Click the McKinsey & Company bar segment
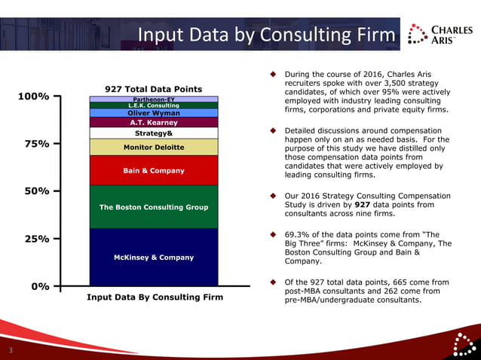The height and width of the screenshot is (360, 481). pyautogui.click(x=154, y=258)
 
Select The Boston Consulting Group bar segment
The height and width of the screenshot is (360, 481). pyautogui.click(x=154, y=207)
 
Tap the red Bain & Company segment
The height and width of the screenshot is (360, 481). pyautogui.click(x=154, y=170)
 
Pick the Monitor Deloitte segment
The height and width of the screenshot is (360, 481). pyautogui.click(x=154, y=147)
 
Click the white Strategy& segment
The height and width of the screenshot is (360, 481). pyautogui.click(x=154, y=133)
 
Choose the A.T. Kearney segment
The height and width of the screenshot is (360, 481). pyautogui.click(x=154, y=122)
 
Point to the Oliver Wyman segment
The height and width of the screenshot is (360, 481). pyautogui.click(x=154, y=113)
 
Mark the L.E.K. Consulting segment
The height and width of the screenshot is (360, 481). pyautogui.click(x=154, y=105)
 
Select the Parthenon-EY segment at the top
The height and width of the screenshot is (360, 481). pyautogui.click(x=154, y=99)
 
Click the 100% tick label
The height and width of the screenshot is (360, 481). pyautogui.click(x=34, y=97)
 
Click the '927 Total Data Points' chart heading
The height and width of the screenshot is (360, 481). pyautogui.click(x=154, y=89)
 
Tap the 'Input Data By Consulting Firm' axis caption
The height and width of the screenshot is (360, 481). pyautogui.click(x=155, y=297)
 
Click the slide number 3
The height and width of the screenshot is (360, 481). pyautogui.click(x=11, y=350)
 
